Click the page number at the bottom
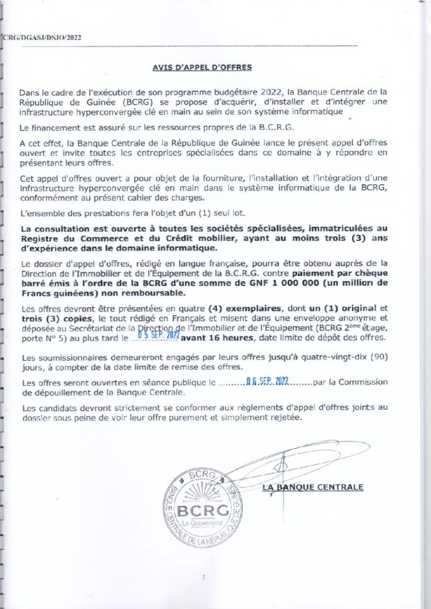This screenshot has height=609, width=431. pos(203,577)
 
